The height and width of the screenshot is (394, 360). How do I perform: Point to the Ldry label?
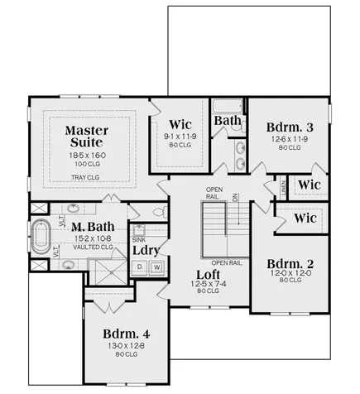tap(146, 250)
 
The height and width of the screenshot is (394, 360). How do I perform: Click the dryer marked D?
tap(141, 267)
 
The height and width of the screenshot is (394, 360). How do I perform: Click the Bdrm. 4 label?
tap(127, 335)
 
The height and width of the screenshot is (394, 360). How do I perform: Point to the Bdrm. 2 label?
tap(289, 267)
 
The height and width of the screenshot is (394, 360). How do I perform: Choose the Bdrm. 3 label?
tap(289, 127)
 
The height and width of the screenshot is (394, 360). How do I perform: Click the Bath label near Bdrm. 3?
tap(227, 121)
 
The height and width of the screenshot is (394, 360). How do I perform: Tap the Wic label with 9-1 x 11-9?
tap(181, 127)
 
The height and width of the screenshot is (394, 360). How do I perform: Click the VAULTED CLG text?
tap(92, 247)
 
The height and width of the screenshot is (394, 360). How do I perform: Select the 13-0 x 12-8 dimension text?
tap(127, 347)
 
